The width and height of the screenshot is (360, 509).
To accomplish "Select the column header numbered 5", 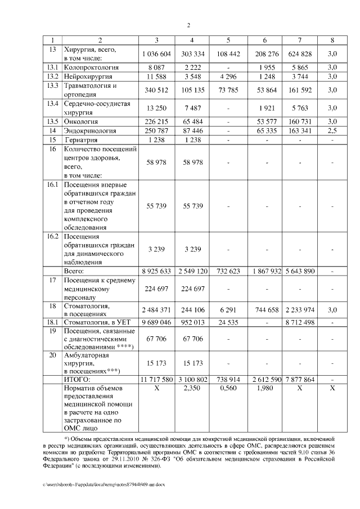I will (x=228, y=40).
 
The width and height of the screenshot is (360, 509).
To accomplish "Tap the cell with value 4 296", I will (x=228, y=76).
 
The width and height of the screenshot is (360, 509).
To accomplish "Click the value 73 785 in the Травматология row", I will (x=228, y=89).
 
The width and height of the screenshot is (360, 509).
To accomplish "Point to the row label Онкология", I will (x=81, y=121).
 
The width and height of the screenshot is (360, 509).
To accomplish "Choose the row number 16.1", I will (x=53, y=185).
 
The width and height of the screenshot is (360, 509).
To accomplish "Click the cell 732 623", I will (x=228, y=271).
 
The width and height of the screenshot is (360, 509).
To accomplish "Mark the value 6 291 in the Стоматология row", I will (x=228, y=310).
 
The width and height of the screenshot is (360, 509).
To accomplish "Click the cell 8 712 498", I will (x=300, y=323).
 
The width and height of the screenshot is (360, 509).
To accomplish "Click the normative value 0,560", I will (x=228, y=390).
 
